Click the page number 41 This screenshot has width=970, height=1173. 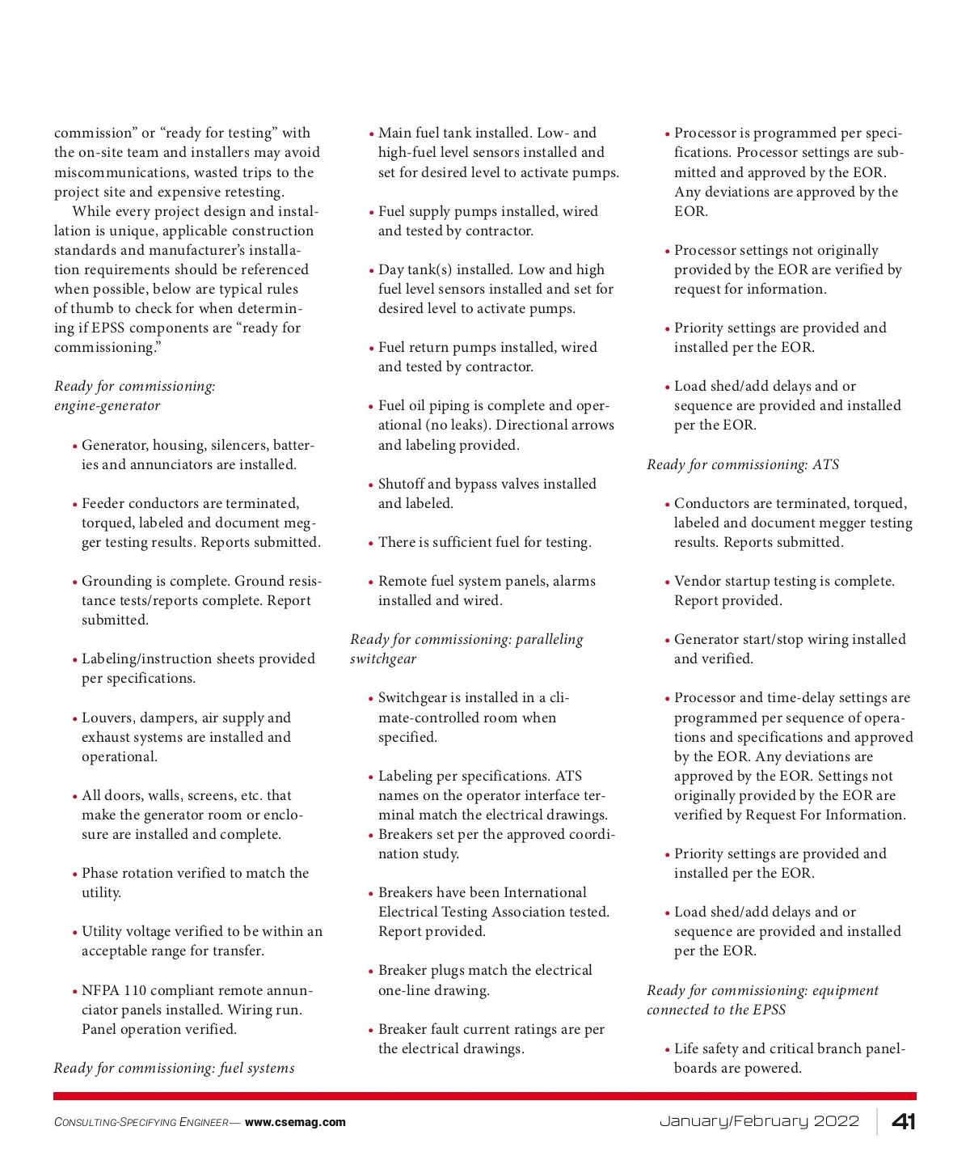(903, 1121)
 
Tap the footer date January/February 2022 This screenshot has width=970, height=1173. (759, 1121)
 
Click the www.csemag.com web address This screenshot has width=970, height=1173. (295, 1122)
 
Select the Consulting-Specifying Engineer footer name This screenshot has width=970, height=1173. (141, 1122)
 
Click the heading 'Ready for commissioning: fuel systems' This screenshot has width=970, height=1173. (174, 1068)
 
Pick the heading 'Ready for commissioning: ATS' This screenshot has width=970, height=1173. (743, 464)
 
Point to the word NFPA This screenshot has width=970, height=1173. (100, 990)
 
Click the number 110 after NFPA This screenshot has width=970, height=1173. (136, 990)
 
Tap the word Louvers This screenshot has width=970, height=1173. (108, 718)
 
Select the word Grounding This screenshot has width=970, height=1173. (116, 581)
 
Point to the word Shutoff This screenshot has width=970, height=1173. (400, 484)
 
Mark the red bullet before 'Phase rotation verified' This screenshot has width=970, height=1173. (74, 874)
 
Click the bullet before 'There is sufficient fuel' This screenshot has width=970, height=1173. (371, 544)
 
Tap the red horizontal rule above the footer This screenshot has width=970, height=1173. (485, 1096)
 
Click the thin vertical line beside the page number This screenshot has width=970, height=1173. (877, 1121)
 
